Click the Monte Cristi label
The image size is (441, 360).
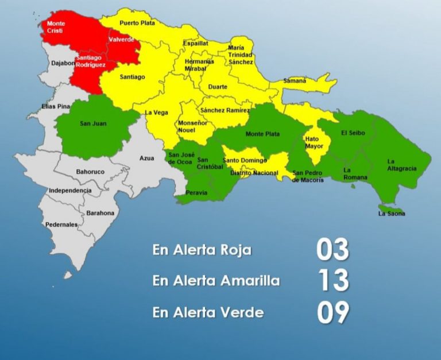(x=56, y=27)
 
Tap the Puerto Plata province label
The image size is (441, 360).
(x=138, y=23)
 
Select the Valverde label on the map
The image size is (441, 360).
(x=121, y=40)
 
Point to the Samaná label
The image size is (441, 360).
(x=295, y=81)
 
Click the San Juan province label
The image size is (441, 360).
(x=93, y=123)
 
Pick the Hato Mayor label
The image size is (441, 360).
(x=314, y=142)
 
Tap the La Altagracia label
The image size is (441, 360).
(x=401, y=165)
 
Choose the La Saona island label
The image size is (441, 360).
(x=392, y=214)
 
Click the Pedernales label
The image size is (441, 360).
(x=61, y=225)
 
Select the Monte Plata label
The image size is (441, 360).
(x=262, y=134)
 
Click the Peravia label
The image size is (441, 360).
(x=196, y=193)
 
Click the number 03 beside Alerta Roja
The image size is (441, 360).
(x=332, y=250)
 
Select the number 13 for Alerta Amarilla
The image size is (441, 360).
(x=332, y=281)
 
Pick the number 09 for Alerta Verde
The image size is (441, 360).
(x=332, y=312)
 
